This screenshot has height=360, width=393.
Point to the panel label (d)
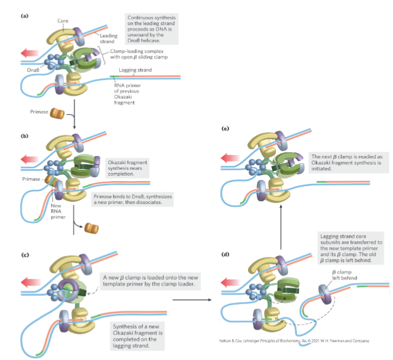[226, 255]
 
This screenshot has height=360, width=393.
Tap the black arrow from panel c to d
[193, 299]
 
